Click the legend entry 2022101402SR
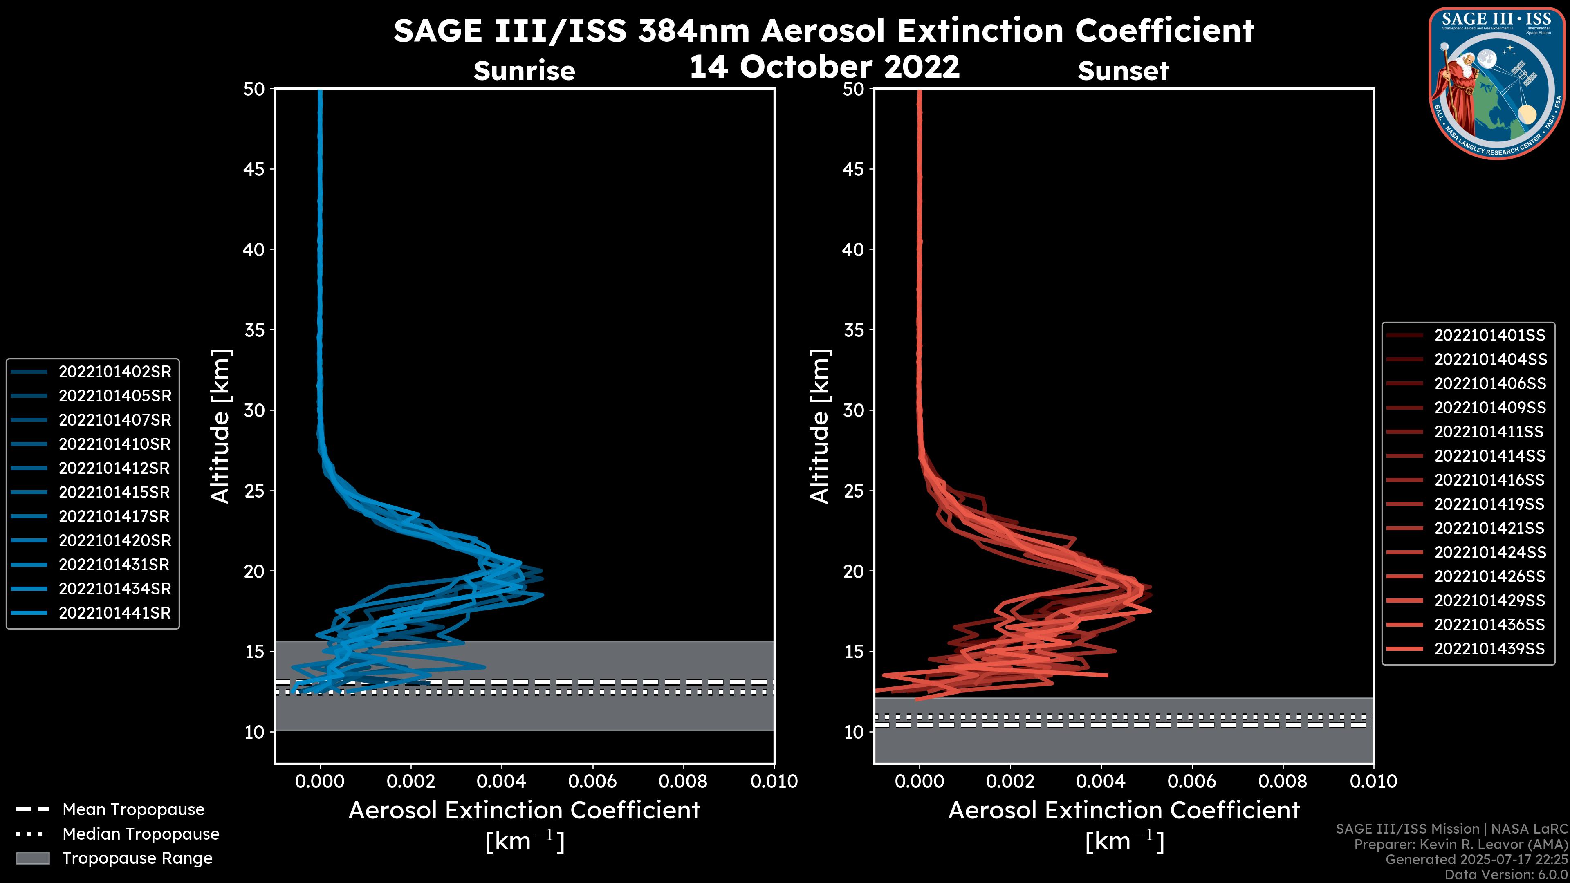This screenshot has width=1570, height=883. (x=114, y=372)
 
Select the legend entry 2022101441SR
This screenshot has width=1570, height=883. (x=114, y=613)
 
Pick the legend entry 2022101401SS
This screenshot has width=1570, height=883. (x=1489, y=335)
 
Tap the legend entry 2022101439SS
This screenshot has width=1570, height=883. (x=1489, y=649)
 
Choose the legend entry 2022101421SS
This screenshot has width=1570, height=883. (x=1489, y=528)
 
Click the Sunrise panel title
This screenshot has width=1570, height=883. (x=524, y=71)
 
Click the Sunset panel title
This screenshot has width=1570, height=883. (x=1123, y=71)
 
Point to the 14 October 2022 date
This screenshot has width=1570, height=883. (x=824, y=66)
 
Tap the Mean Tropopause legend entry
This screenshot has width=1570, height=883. (x=133, y=810)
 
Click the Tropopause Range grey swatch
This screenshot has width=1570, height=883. (x=33, y=858)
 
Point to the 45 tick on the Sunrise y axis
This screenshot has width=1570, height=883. (x=254, y=169)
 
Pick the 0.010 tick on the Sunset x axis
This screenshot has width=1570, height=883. (x=1373, y=781)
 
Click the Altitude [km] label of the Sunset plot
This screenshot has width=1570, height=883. (x=820, y=426)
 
